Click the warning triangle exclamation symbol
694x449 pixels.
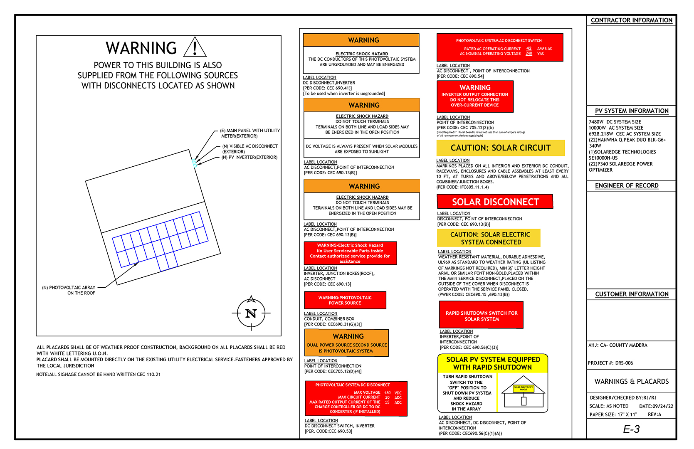pos(195,47)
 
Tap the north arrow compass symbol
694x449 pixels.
pos(251,313)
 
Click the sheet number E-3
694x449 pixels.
pos(631,429)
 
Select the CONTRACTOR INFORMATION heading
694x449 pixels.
pos(631,20)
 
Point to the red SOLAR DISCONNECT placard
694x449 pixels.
pos(495,202)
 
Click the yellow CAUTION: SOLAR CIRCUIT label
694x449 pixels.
pos(500,148)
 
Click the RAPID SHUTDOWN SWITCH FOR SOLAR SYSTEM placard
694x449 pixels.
pos(482,316)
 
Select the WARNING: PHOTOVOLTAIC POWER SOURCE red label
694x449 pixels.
pos(345,300)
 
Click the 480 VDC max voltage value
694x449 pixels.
pos(387,392)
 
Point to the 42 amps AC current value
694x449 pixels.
pos(529,48)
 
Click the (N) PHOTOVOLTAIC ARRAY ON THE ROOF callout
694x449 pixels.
pos(69,290)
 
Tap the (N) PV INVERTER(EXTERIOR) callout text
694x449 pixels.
pos(249,157)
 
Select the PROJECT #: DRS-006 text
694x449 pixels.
pos(610,363)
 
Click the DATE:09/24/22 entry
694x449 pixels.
pos(656,406)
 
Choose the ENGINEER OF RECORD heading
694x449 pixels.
pos(626,185)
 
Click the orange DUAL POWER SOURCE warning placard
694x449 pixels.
pos(346,343)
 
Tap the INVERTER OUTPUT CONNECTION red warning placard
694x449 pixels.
pos(475,96)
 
